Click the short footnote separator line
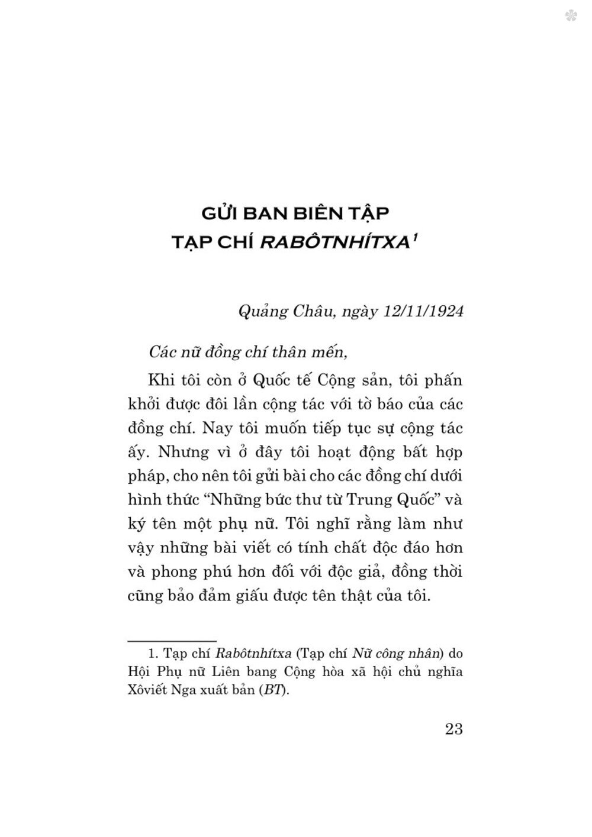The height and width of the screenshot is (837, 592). pos(172,640)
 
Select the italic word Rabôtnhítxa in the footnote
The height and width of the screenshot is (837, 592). pos(253,654)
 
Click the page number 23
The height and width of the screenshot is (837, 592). pos(453,729)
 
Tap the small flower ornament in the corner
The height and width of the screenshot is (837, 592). pos(571,15)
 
